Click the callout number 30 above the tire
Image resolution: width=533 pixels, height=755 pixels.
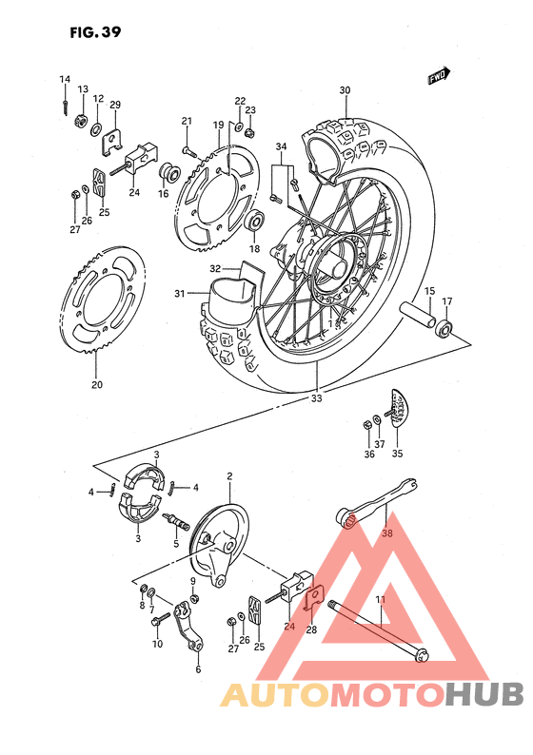(x=345, y=91)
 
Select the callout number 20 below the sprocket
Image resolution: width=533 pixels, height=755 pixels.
(x=96, y=385)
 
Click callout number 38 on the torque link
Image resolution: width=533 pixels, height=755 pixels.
(x=386, y=533)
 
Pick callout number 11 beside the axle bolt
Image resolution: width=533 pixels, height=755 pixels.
(x=379, y=599)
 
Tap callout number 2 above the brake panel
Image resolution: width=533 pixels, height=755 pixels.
(x=229, y=475)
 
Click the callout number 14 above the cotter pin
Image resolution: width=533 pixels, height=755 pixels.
(x=65, y=79)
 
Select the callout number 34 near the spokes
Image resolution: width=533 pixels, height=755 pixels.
(x=281, y=146)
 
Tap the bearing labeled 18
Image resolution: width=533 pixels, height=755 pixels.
(x=255, y=223)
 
